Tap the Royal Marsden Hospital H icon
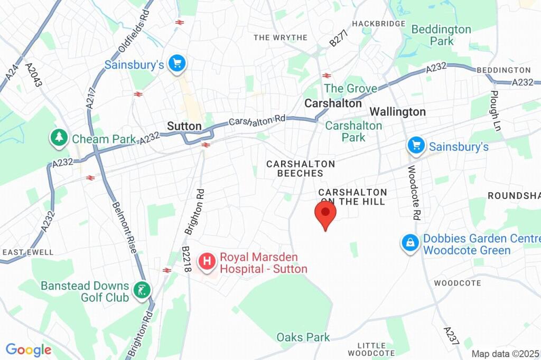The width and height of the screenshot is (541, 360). coord(207,261)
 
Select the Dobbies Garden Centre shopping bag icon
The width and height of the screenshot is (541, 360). coord(410,243)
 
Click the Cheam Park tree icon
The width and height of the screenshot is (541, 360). coord(58,138)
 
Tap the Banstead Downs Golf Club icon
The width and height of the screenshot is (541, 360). coord(142,290)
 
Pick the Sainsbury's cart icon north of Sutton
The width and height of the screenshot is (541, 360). coord(176,64)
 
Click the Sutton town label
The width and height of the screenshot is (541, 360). coord(184,126)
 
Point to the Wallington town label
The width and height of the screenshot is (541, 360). coord(397,111)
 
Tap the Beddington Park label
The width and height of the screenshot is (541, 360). coord(441,35)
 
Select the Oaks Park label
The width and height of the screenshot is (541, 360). coord(303,337)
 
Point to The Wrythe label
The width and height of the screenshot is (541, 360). coord(281,37)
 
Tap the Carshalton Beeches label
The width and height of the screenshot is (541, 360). coord(301,168)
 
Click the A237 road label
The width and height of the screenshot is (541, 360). coord(451,335)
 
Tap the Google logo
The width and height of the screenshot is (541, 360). coord(29,349)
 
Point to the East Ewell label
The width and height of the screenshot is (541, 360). coord(28,252)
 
